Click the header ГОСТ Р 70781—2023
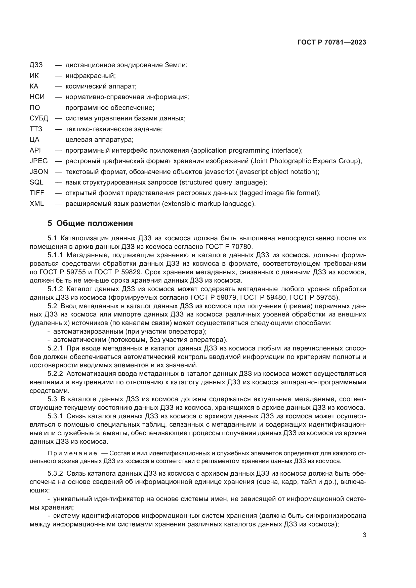tap(332, 42)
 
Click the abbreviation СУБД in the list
tap(39, 118)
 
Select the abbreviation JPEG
tap(39, 161)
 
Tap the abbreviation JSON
tap(39, 172)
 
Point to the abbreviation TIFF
tap(37, 193)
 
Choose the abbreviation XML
tap(37, 204)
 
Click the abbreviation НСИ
tap(37, 97)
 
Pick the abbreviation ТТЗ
tap(36, 129)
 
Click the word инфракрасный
tap(91, 76)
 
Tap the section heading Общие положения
tap(95, 223)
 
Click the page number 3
tap(364, 535)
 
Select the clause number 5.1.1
tap(55, 255)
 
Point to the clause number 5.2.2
tap(55, 374)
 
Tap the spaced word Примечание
tap(72, 454)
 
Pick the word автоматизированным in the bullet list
tap(88, 331)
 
